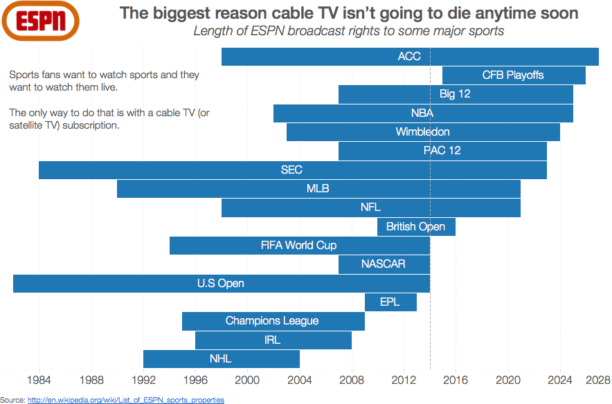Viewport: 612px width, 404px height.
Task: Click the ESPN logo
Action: point(41,21)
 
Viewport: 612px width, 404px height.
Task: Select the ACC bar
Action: point(410,57)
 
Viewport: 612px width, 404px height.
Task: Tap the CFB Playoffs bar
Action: point(514,75)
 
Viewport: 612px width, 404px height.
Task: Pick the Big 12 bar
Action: point(456,94)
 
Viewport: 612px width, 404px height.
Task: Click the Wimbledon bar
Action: point(423,132)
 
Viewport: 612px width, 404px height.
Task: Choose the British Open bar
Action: point(416,227)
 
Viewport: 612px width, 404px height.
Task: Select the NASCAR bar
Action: point(384,264)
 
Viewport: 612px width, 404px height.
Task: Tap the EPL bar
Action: point(390,302)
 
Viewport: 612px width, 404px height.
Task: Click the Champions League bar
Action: point(273,321)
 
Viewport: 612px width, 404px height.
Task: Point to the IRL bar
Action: point(273,340)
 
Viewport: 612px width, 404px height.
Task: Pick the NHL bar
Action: point(222,359)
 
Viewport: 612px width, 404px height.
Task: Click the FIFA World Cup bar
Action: point(300,246)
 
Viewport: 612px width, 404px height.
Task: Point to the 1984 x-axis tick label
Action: point(39,380)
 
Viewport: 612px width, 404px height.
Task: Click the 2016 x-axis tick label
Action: point(456,380)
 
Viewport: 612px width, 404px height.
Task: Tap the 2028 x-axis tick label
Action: point(597,380)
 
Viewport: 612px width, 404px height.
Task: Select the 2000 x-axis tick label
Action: point(247,380)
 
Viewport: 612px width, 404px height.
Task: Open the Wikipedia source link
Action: point(126,400)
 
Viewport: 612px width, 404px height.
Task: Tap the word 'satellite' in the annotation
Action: point(25,125)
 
